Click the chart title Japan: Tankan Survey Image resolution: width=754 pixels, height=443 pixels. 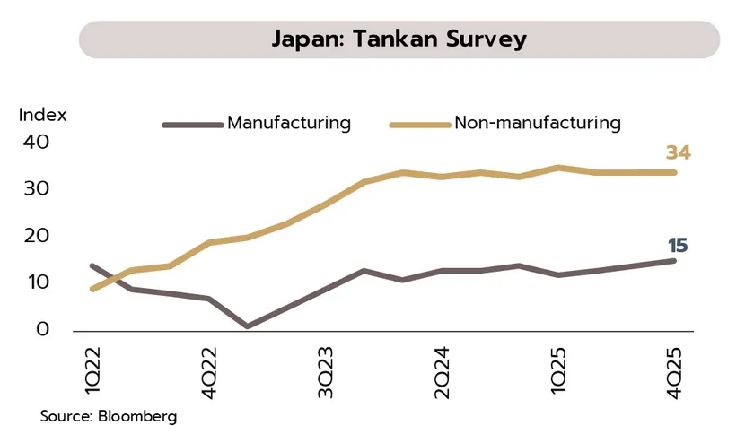[399, 40]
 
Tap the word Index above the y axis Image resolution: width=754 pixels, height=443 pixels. [43, 116]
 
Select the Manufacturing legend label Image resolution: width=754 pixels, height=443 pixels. [289, 123]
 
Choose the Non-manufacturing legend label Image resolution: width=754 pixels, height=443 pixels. [538, 123]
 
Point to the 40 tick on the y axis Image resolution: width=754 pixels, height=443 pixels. [37, 143]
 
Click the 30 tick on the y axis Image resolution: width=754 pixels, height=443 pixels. [37, 189]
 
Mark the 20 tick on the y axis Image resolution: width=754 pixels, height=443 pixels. [37, 236]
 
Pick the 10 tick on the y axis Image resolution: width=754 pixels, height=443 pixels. [37, 282]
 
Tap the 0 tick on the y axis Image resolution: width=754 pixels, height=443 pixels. [42, 330]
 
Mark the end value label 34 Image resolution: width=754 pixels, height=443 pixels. [678, 153]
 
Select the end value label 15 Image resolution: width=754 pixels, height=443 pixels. [678, 245]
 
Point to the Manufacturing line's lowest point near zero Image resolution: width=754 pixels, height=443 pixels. [247, 326]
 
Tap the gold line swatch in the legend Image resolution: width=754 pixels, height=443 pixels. [419, 124]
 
